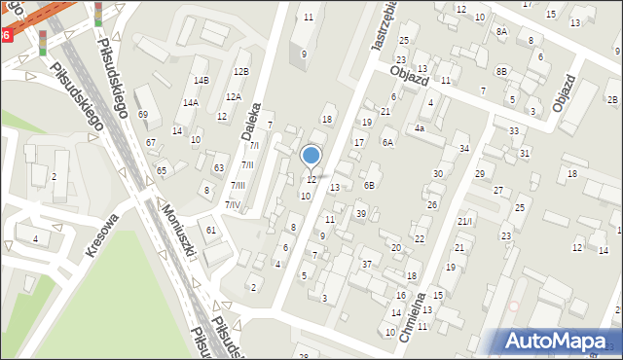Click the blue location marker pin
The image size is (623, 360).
(x=311, y=156)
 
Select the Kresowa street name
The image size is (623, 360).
(x=101, y=234)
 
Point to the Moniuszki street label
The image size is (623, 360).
(x=181, y=235)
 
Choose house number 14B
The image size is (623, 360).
(x=202, y=80)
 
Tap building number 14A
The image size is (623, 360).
(x=191, y=102)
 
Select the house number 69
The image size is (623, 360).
(x=143, y=115)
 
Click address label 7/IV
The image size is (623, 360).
(x=234, y=204)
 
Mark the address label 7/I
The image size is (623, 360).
(x=254, y=145)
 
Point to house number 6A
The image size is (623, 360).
(x=387, y=143)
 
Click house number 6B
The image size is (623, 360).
(x=369, y=185)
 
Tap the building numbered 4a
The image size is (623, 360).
(x=420, y=127)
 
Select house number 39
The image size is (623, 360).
(x=360, y=213)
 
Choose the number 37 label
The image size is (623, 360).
(x=367, y=264)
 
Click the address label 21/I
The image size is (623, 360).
(x=464, y=222)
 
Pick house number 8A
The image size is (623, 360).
(x=501, y=31)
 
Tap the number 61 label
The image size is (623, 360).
(x=211, y=230)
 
